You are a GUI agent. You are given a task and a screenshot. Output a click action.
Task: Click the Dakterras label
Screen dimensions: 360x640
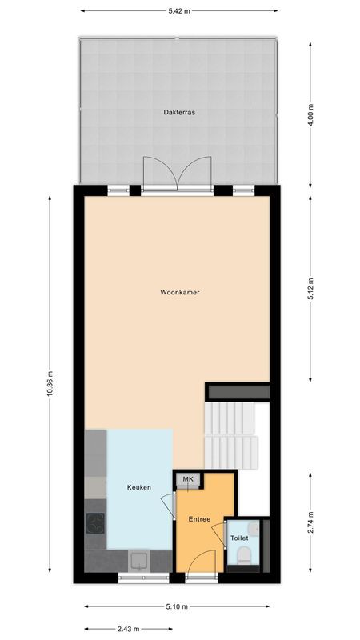179,112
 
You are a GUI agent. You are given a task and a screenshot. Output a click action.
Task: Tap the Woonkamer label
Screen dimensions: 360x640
179,292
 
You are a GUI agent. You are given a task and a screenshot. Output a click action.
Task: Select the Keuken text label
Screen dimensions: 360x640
138,487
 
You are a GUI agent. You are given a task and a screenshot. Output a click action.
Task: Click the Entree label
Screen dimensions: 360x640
199,519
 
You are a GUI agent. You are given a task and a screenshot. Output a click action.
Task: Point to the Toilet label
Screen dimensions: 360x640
239,538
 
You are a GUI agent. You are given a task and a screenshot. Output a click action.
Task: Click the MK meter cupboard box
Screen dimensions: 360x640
188,480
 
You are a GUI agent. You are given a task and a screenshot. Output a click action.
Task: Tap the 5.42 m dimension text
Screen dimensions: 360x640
179,11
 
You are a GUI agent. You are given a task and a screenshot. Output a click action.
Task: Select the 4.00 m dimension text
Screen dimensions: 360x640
310,115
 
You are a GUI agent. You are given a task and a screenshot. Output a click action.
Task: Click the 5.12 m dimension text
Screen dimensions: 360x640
310,289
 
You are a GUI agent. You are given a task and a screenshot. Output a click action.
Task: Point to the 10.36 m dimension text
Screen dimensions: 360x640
50,384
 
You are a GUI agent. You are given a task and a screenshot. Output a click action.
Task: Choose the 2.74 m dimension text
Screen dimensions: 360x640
310,522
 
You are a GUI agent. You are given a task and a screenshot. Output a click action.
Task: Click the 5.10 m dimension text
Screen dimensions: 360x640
178,606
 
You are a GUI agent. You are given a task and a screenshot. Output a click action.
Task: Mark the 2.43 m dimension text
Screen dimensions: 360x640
129,629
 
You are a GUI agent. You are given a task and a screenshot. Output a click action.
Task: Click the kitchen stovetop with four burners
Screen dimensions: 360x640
95,523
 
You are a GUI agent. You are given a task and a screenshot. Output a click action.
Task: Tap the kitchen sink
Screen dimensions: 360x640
138,561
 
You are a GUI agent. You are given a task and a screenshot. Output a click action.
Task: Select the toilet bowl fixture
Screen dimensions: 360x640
244,554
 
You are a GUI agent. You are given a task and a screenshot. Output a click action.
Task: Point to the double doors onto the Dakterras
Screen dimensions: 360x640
177,172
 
